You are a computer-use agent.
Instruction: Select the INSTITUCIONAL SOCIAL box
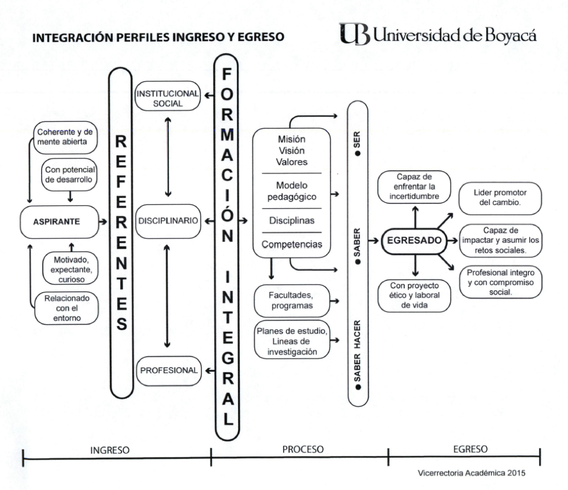click(166, 99)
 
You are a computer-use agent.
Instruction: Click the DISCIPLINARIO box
click(168, 221)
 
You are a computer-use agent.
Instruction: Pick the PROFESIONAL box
click(168, 369)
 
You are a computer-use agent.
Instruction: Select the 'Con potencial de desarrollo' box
click(69, 173)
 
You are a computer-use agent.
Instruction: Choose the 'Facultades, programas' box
click(291, 300)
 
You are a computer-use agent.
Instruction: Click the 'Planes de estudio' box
click(291, 340)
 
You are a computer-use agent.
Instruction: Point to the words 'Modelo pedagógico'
click(292, 191)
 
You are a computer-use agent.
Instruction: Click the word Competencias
click(292, 245)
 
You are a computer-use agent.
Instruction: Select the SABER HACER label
click(358, 352)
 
